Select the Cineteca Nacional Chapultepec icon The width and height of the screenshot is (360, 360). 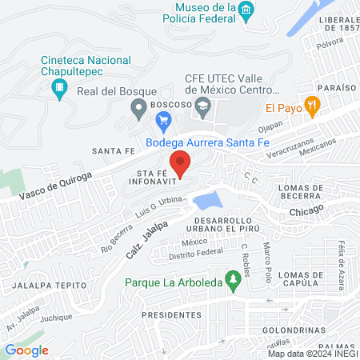[x=58, y=93]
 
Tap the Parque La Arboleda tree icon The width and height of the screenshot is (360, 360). [x=233, y=281]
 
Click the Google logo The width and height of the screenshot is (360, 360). [x=26, y=350]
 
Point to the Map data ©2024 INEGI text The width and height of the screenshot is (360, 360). [x=312, y=354]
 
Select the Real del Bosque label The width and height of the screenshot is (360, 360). [x=110, y=90]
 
